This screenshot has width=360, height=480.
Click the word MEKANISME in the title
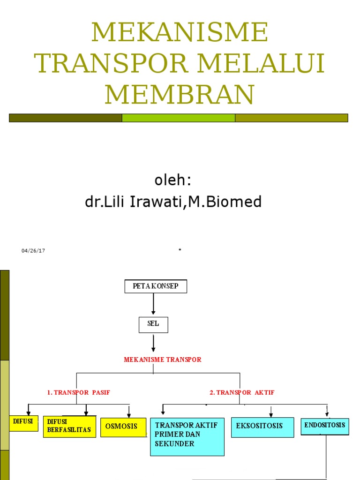tap(180, 32)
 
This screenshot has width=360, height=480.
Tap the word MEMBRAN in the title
tap(180, 94)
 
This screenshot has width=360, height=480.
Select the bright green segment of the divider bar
tap(179, 118)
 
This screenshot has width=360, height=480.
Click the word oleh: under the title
tap(172, 180)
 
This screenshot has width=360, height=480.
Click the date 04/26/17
tap(33, 251)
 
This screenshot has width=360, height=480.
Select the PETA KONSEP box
tap(156, 286)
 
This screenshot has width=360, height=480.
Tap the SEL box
tap(153, 325)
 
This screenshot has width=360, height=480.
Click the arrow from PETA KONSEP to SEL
tap(153, 304)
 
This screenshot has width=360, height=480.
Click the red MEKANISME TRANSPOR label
tap(163, 360)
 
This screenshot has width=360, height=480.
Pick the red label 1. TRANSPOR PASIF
tap(78, 392)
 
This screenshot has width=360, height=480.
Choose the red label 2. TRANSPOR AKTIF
tap(242, 392)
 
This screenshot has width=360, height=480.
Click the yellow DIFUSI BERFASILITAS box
tap(69, 427)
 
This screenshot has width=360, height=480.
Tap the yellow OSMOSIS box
tap(123, 427)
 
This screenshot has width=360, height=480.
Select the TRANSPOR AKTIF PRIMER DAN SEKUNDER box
tap(187, 437)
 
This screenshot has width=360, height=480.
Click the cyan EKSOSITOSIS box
tap(262, 427)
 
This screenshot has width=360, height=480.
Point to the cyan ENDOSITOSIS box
tap(325, 427)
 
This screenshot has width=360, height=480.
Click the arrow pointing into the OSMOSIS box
tap(129, 411)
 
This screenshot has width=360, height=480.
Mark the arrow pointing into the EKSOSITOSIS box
tap(271, 412)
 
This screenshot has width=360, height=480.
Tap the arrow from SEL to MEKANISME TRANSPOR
tap(153, 343)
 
